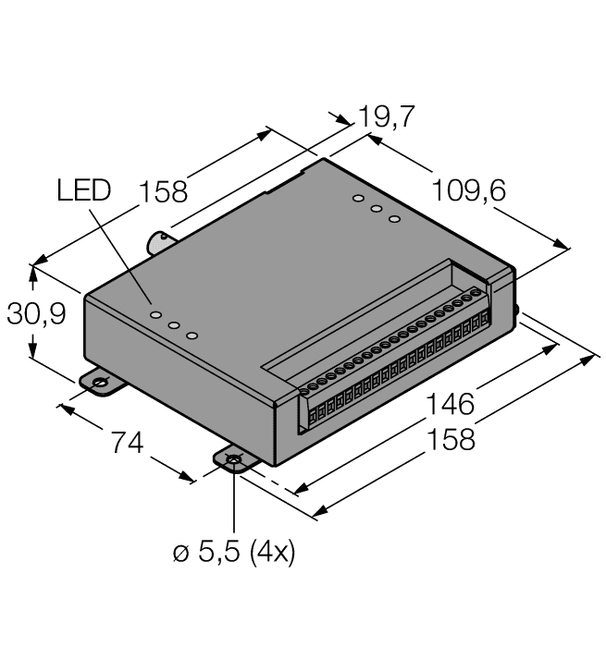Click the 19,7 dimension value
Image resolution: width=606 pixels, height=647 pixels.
[387, 116]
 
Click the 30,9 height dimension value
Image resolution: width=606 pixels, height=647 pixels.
[35, 315]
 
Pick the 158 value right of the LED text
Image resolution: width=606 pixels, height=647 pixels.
[163, 191]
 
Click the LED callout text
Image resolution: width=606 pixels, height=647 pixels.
[83, 190]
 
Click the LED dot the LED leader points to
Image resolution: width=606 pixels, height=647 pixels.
[155, 315]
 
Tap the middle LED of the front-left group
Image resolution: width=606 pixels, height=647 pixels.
[173, 325]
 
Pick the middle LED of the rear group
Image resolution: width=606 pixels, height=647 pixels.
[377, 209]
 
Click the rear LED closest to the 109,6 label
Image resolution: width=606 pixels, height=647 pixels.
[395, 219]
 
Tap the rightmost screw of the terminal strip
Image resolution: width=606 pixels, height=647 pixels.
[476, 294]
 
